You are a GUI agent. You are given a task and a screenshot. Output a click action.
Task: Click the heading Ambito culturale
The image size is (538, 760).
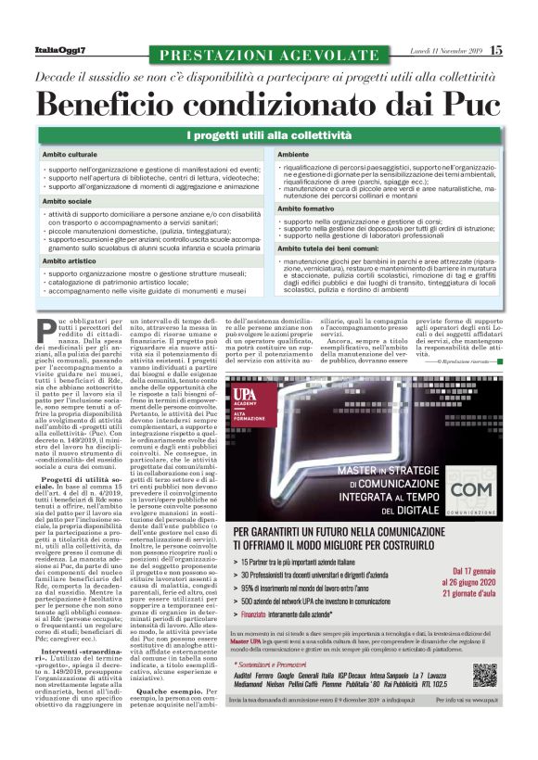click(x=70, y=154)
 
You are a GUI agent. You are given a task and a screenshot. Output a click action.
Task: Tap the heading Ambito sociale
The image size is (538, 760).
click(x=66, y=199)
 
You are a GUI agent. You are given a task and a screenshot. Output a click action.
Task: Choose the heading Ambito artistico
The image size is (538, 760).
click(x=69, y=261)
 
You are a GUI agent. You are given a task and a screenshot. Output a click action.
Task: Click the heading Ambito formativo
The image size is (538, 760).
click(x=307, y=209)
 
